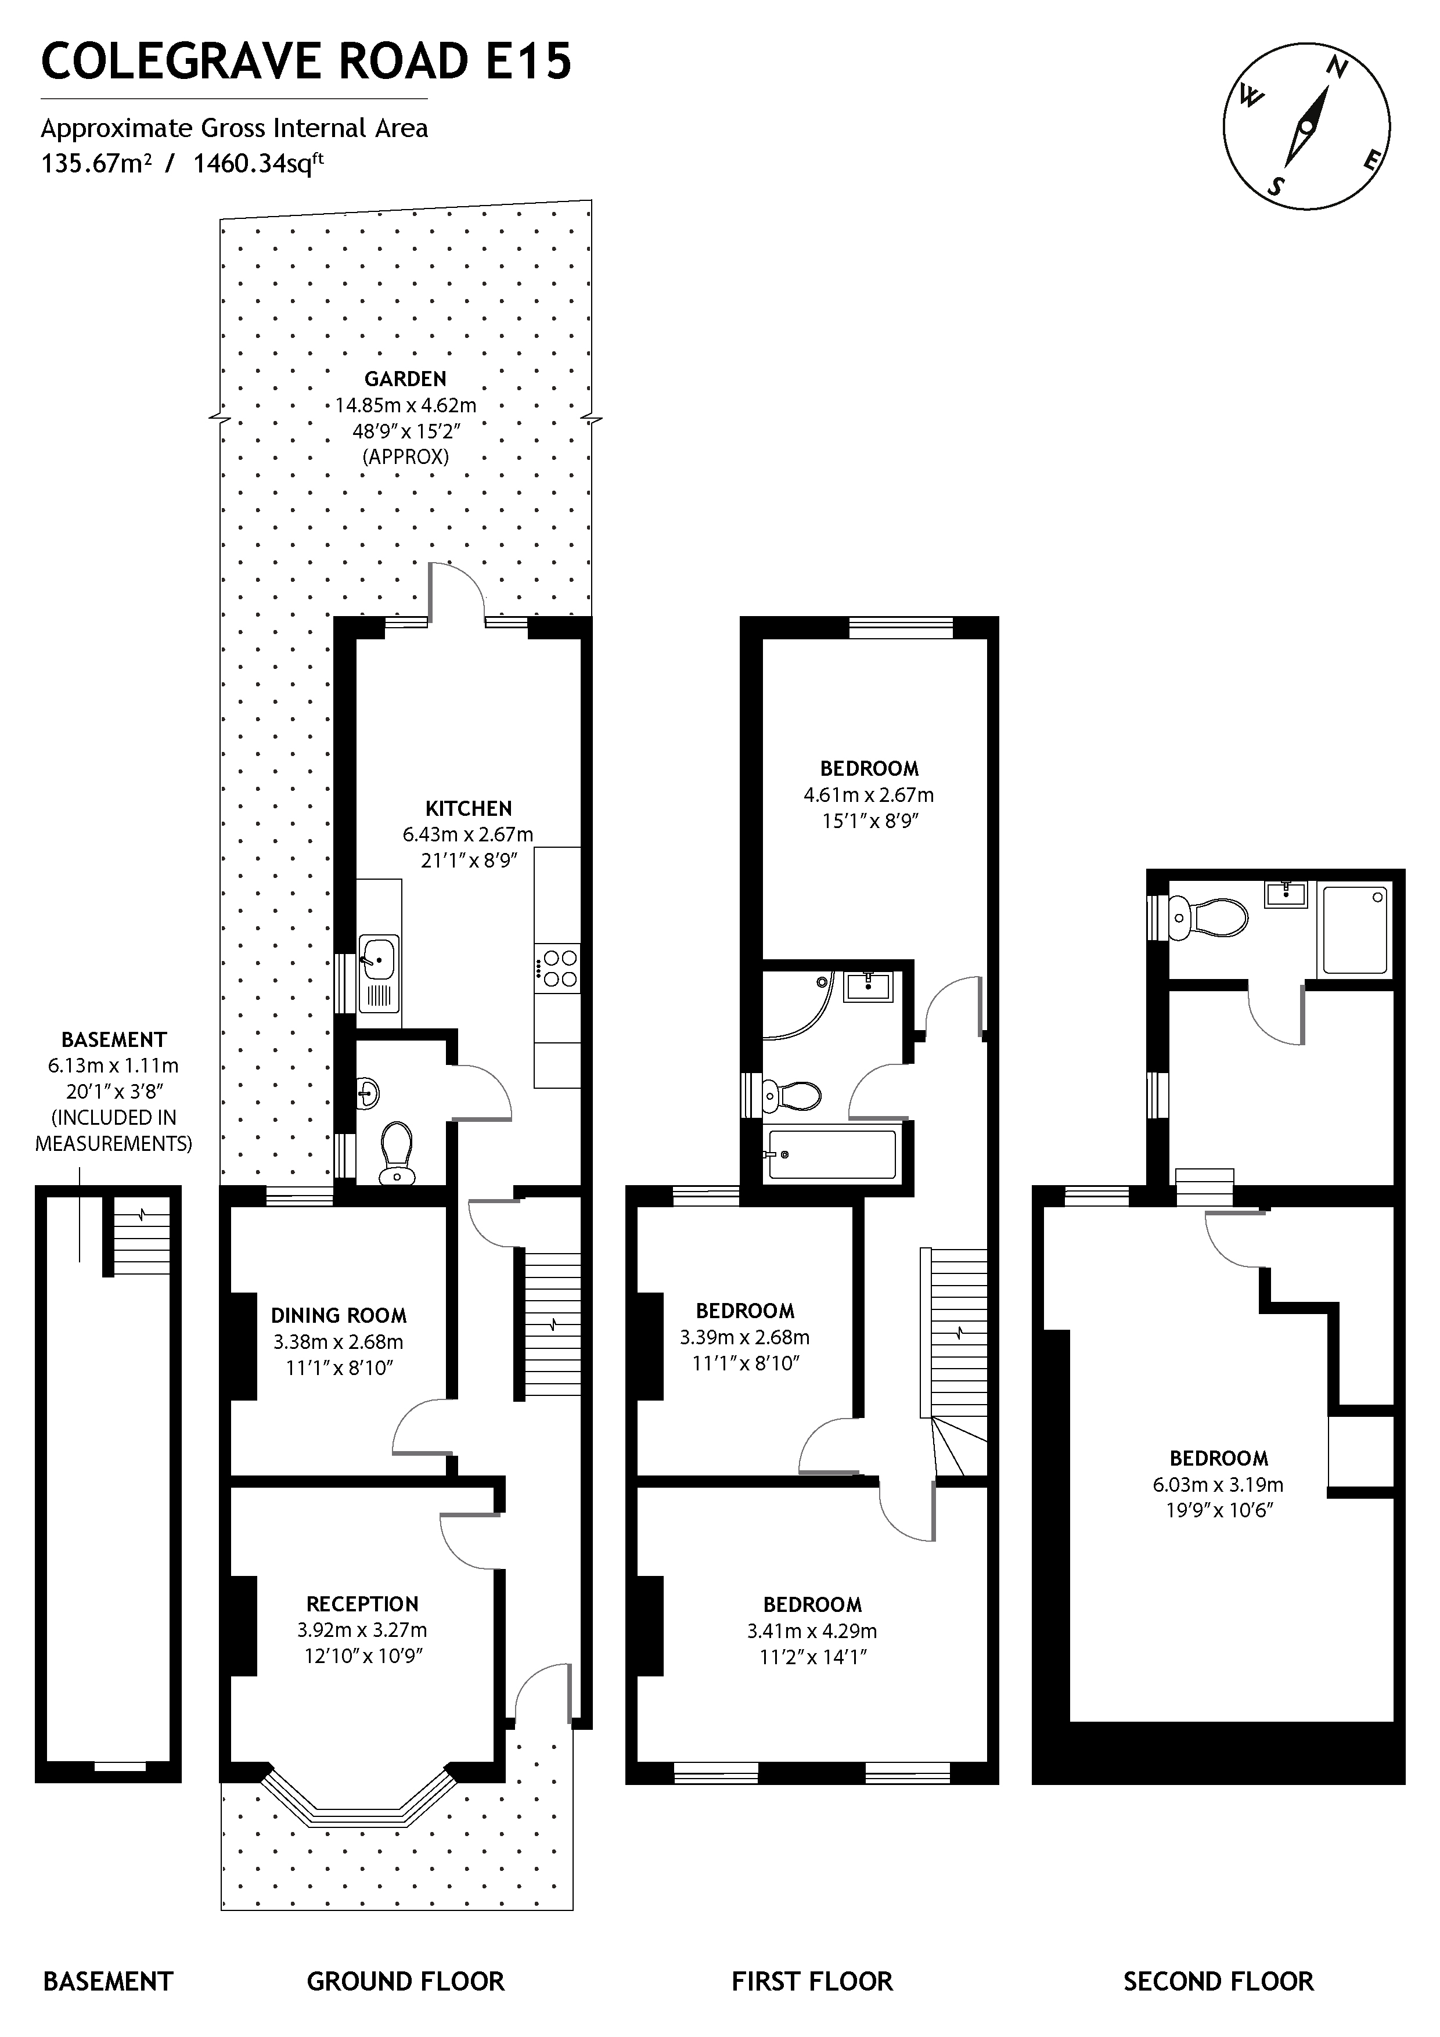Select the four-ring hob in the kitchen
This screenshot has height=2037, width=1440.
coord(560,969)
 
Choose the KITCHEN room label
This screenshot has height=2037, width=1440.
coord(469,808)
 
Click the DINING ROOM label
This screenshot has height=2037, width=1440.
coord(339,1316)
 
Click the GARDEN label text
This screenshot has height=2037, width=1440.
coord(405,379)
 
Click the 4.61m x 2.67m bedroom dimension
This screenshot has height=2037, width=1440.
coord(869,795)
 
